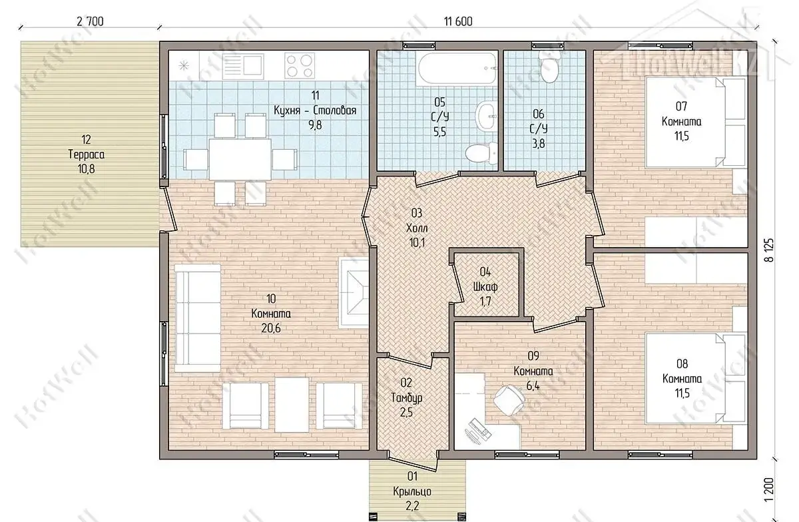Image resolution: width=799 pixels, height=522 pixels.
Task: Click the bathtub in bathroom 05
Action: (x=457, y=68)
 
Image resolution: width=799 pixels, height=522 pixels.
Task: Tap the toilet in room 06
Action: (x=549, y=67)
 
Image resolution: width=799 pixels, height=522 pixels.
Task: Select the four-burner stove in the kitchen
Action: (x=300, y=66)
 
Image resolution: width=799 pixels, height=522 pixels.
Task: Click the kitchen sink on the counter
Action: (x=243, y=67)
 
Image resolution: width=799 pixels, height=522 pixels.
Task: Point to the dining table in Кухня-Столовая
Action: (x=240, y=159)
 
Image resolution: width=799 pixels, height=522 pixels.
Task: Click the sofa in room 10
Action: (x=197, y=318)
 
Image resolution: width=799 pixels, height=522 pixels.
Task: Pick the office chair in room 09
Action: (x=509, y=400)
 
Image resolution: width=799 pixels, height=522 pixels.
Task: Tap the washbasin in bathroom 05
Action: (x=486, y=116)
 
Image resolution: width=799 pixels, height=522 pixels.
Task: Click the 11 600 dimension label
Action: (x=458, y=21)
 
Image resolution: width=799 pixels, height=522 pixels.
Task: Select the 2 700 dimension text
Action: (x=90, y=21)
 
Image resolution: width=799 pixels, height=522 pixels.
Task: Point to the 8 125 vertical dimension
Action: (x=770, y=250)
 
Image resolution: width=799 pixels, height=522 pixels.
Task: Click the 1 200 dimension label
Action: (x=770, y=489)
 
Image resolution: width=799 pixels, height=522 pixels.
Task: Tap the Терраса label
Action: (x=87, y=154)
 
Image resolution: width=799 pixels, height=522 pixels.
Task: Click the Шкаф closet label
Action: (x=485, y=287)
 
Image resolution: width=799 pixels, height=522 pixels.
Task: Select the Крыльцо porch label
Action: (x=412, y=491)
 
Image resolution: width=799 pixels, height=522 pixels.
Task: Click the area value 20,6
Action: (x=271, y=328)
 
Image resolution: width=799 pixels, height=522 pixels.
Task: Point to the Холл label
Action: (x=417, y=228)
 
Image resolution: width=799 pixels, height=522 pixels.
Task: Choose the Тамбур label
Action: (x=407, y=397)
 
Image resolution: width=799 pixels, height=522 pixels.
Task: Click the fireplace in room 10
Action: (x=354, y=293)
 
